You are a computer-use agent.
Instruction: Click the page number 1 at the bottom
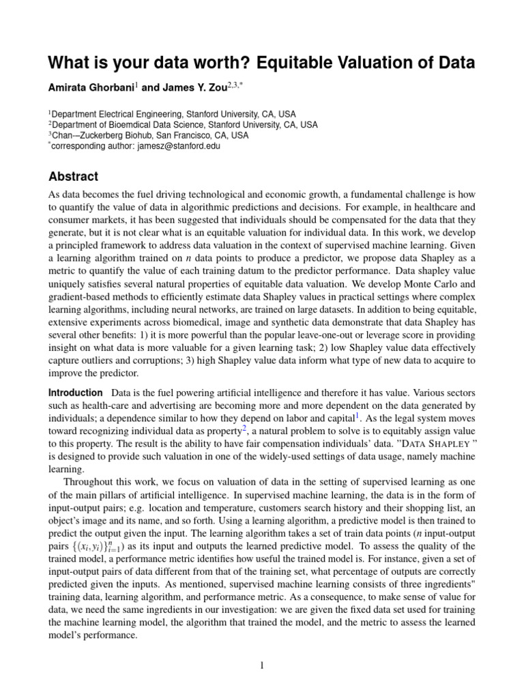pyautogui.click(x=261, y=666)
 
